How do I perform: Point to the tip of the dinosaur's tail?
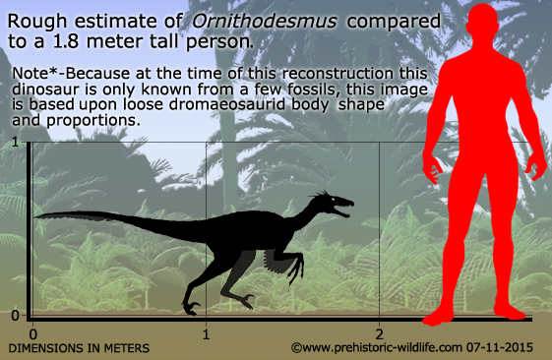point(36,215)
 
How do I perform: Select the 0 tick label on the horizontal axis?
point(32,332)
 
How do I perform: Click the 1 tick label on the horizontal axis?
point(206,332)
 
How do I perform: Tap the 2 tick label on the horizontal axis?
point(379,332)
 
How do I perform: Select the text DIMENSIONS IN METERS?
point(80,348)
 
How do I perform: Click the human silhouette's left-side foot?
point(439,315)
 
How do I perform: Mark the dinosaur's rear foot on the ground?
point(192,308)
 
